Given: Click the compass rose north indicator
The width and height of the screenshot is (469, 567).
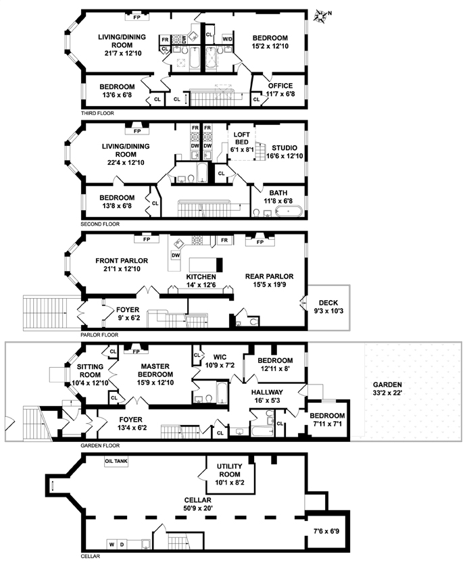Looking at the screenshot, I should click(x=324, y=14).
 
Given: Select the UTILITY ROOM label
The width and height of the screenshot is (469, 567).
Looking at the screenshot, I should click(x=234, y=471).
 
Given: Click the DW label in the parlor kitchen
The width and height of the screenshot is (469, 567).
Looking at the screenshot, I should click(x=175, y=255).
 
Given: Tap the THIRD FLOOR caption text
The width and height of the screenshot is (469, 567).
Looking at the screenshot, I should click(x=96, y=113).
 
